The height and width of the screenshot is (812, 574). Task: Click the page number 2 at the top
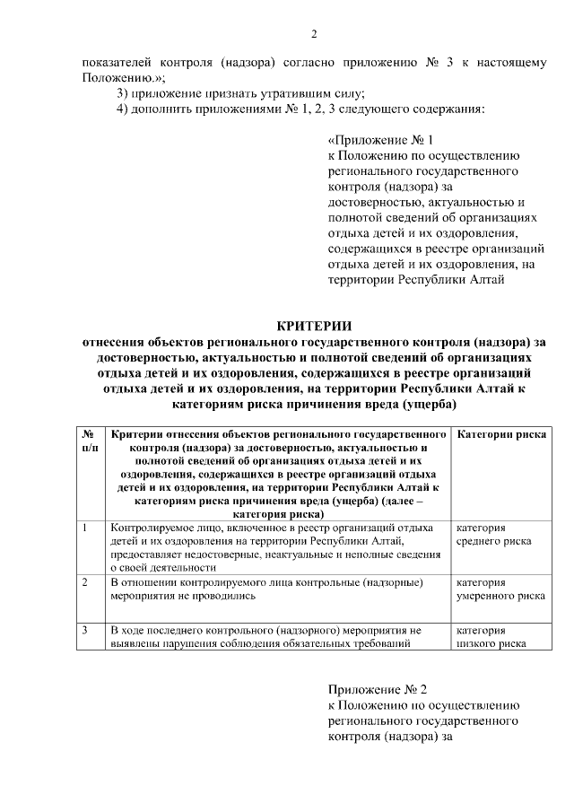pos(314,35)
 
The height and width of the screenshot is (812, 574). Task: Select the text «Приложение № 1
pos(381,141)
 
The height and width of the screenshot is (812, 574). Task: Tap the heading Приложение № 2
pos(378,689)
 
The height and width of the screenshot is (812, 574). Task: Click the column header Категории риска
pos(501,433)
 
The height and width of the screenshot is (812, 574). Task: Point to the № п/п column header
pos(90,440)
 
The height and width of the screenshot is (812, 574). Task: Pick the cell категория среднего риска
pos(493,535)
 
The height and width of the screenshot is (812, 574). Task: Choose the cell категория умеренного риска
pos(500,588)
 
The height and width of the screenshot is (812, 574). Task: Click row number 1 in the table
pos(84,528)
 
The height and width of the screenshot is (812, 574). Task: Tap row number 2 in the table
pos(84,582)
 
